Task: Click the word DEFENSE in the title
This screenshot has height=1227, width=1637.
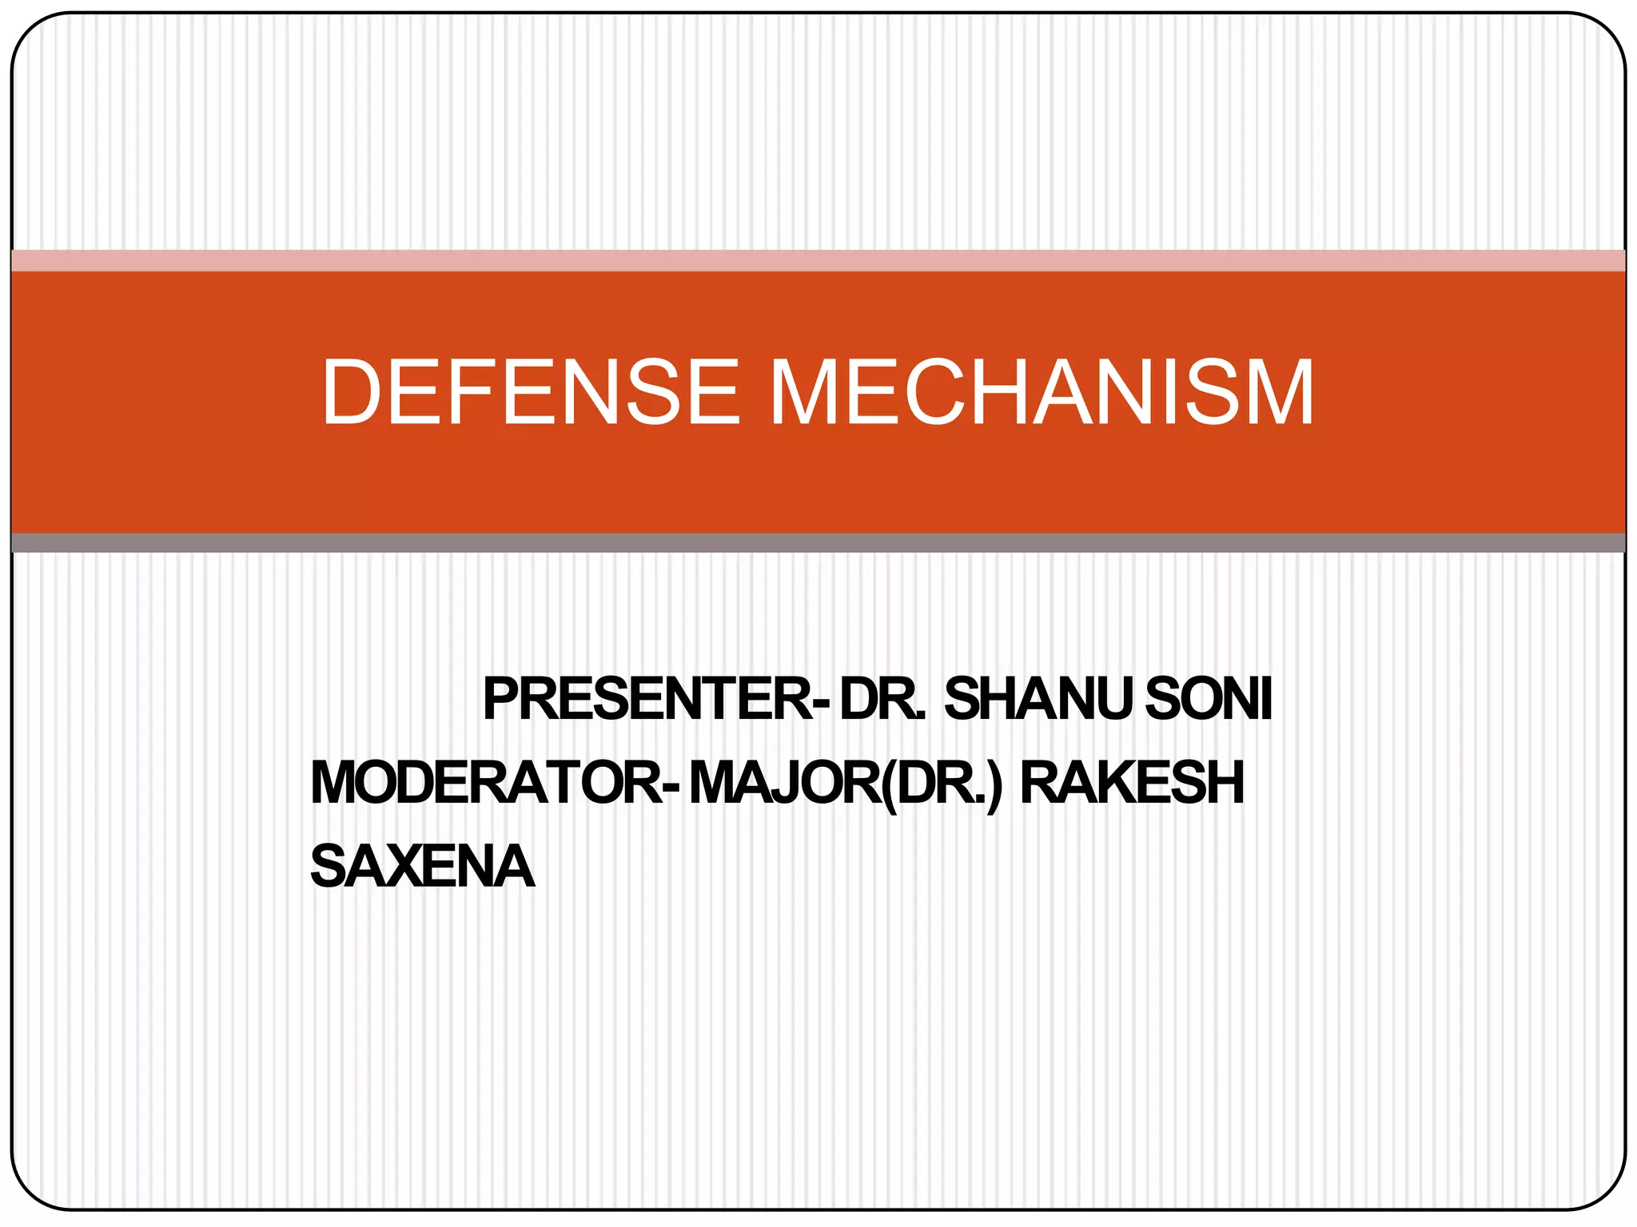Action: point(531,392)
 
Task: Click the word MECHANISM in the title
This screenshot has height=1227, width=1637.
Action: point(1041,392)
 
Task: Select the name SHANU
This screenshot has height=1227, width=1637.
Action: point(1037,699)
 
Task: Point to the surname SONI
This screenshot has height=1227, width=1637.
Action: point(1209,699)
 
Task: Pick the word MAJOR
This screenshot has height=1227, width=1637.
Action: point(784,783)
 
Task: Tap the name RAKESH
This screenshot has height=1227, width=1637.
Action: point(1132,783)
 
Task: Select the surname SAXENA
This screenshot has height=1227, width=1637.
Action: point(422,867)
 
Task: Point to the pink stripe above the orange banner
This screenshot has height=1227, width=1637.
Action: point(818,260)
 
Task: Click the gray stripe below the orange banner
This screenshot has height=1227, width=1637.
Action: point(818,543)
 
